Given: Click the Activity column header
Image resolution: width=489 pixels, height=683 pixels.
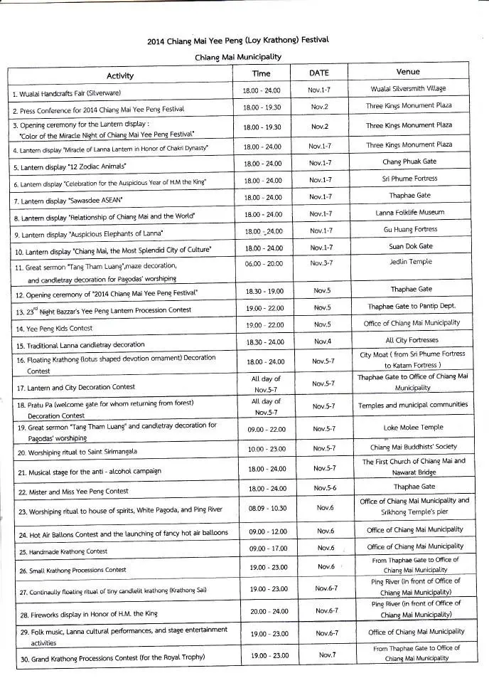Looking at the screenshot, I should point(120,75).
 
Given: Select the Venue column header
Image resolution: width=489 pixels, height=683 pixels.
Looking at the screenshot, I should point(408,72).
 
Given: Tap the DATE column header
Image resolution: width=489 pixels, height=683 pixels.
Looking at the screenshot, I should point(319,73).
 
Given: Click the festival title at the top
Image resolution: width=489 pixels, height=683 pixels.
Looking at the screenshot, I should point(238,41).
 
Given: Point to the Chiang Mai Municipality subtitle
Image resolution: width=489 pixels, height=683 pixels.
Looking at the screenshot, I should point(238,56).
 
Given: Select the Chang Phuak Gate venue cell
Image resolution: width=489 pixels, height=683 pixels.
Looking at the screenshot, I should point(409,162).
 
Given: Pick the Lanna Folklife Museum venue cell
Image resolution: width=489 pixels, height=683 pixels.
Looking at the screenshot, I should point(410,212).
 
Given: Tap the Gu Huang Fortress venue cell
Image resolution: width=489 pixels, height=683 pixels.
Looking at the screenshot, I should point(410,229).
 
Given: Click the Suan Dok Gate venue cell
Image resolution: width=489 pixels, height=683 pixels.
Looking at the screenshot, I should point(410,246).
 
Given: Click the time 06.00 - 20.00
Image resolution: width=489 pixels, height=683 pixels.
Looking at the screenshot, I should point(262,263).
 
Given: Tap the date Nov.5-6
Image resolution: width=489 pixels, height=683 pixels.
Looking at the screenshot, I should point(323,488).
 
